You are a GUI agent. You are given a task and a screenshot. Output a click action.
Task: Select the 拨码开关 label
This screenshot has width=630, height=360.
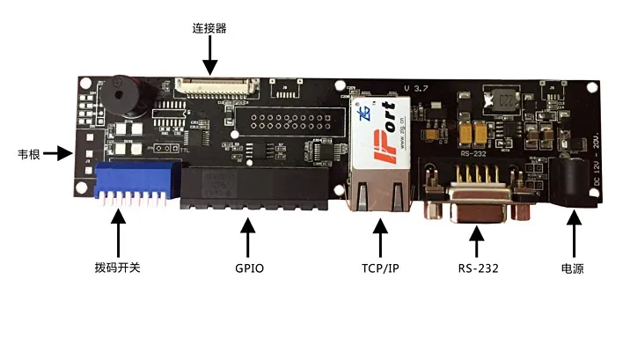click(x=118, y=268)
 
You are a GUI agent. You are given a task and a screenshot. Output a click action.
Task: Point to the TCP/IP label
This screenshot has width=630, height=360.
click(x=379, y=268)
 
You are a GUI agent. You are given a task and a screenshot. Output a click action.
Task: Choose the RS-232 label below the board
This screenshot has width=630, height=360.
click(x=478, y=268)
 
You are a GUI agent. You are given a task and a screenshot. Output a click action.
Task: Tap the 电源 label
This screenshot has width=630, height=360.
click(x=574, y=268)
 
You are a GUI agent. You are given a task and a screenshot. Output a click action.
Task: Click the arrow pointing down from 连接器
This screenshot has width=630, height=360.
click(x=209, y=58)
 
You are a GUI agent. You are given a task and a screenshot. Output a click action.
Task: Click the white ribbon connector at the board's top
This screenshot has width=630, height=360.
click(x=216, y=86)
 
